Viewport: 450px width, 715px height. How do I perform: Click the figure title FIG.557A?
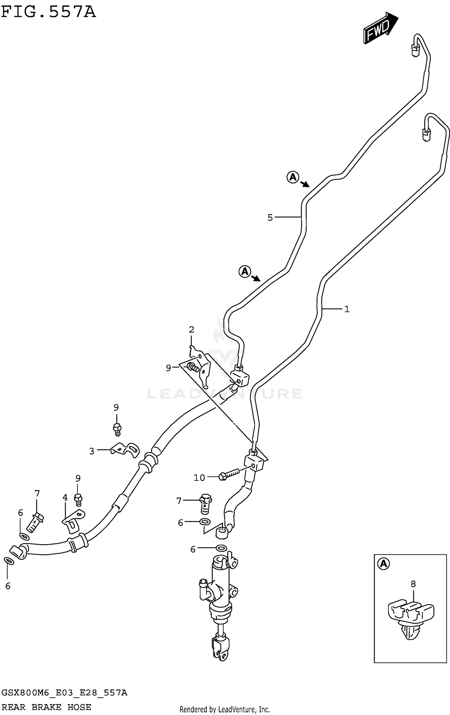point(48,12)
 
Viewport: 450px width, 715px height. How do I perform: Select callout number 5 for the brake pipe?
point(270,217)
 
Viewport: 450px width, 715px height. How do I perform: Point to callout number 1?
point(347,309)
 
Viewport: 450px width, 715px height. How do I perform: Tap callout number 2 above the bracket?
point(191,330)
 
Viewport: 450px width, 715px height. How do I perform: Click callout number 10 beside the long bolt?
point(199,477)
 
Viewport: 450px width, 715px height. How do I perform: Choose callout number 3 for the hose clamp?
point(92,451)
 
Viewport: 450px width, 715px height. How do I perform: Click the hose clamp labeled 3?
point(125,450)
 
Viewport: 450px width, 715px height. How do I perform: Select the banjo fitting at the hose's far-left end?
point(18,552)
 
